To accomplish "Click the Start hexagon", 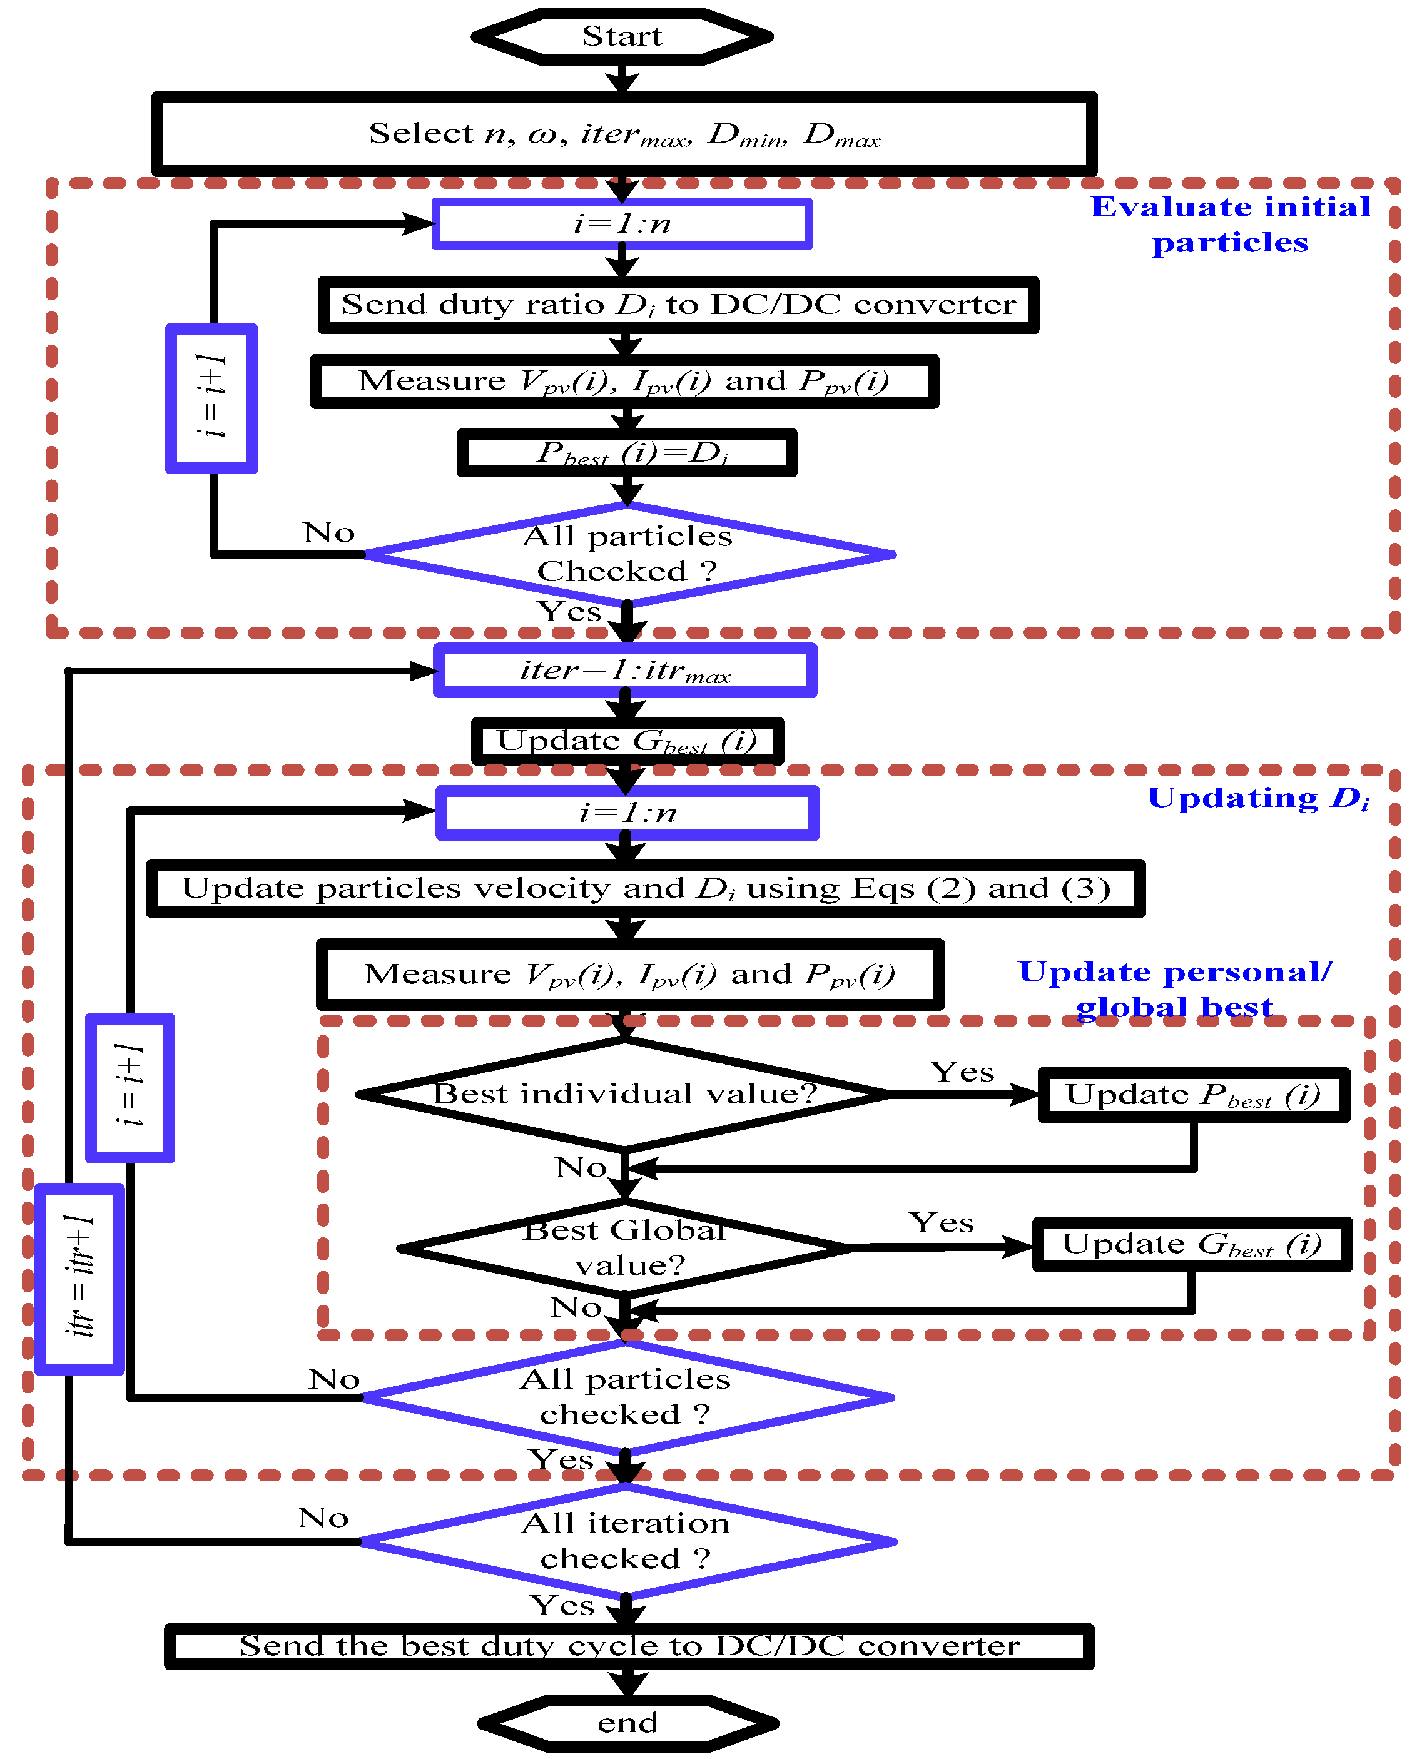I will click(x=622, y=37).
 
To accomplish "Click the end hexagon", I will click(x=627, y=1722).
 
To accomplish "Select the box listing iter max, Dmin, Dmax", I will click(x=624, y=134).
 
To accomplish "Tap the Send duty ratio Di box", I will click(x=678, y=305).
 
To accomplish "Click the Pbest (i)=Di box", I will click(x=627, y=453).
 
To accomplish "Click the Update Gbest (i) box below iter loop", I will click(x=627, y=741).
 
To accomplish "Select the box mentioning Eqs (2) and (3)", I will click(x=646, y=888).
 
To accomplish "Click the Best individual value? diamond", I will click(x=624, y=1094).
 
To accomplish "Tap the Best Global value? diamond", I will click(x=624, y=1247).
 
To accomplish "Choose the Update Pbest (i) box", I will click(x=1192, y=1095).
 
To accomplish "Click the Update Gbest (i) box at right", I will click(x=1192, y=1245).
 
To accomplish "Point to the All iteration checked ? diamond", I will click(x=627, y=1541).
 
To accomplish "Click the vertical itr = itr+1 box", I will click(x=80, y=1278).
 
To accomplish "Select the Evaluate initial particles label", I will click(x=1231, y=225).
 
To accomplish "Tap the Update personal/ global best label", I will click(x=1174, y=988).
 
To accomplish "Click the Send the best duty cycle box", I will click(x=629, y=1646).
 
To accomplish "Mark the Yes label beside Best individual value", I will click(x=962, y=1072).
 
